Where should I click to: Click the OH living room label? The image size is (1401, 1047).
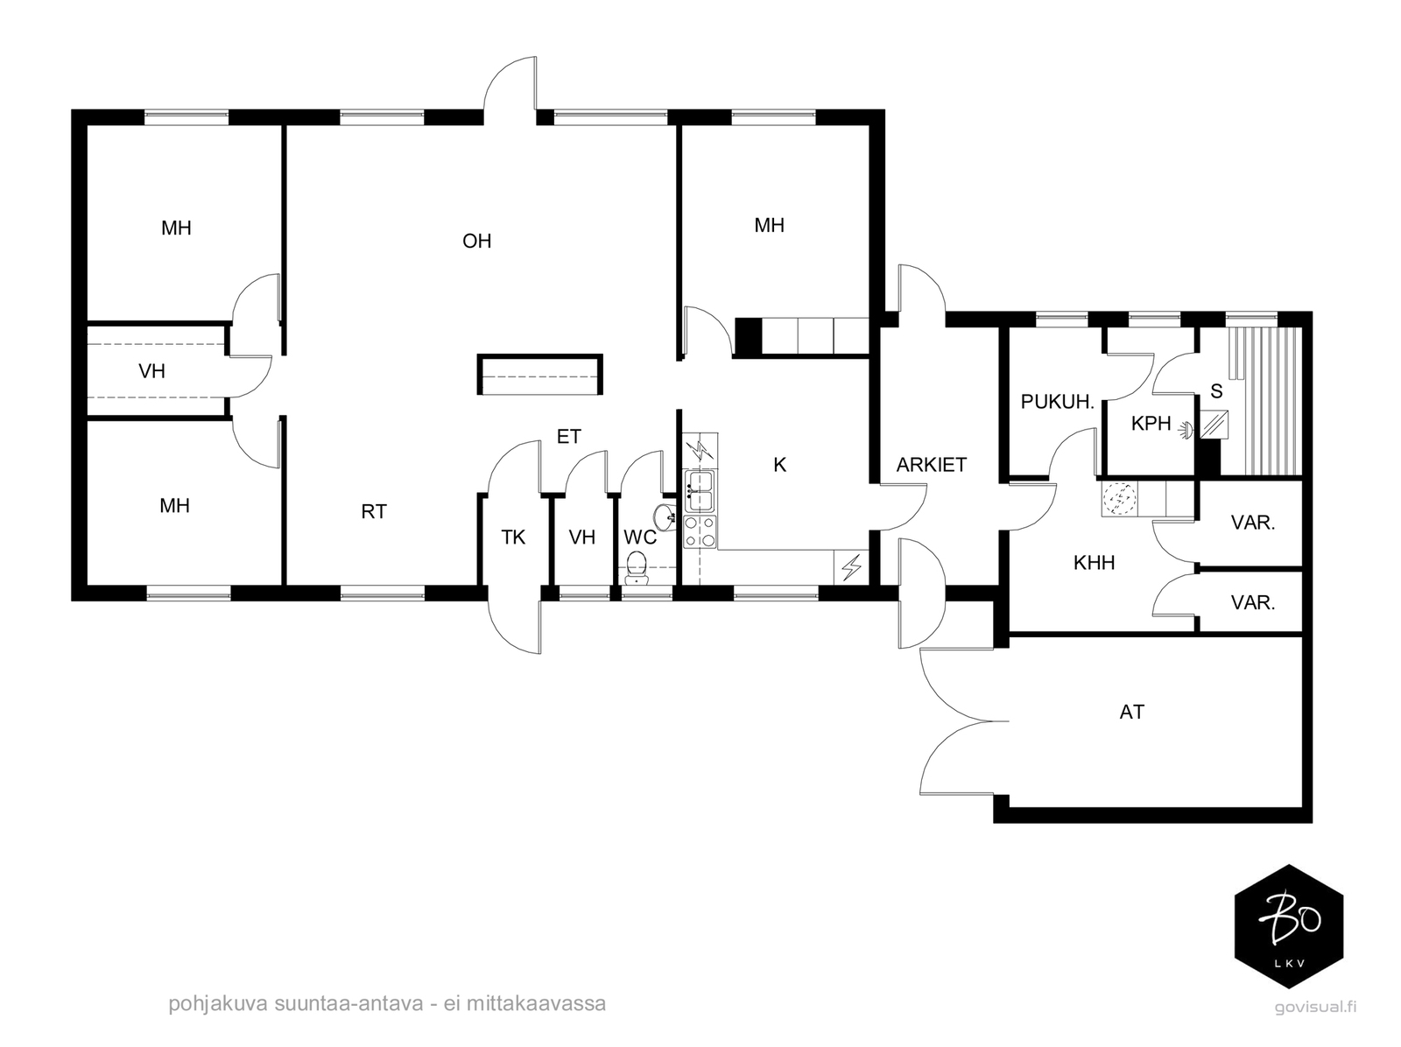click(x=477, y=241)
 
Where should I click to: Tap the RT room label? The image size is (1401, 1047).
click(x=373, y=511)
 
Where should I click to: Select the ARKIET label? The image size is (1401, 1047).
click(x=932, y=465)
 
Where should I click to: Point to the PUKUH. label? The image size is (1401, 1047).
click(x=1057, y=401)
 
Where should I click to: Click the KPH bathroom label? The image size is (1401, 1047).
click(x=1151, y=423)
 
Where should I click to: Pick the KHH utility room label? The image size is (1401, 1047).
click(x=1094, y=562)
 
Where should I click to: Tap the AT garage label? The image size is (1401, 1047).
click(x=1131, y=712)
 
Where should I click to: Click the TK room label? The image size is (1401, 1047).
click(x=513, y=538)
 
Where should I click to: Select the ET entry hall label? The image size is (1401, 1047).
click(x=568, y=437)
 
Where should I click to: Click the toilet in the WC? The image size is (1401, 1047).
click(x=637, y=568)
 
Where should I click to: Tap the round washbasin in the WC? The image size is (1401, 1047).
click(x=665, y=516)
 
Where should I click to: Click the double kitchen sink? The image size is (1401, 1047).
click(x=700, y=491)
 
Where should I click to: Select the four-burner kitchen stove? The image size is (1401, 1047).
click(x=700, y=531)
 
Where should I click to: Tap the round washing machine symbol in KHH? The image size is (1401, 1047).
click(x=1120, y=499)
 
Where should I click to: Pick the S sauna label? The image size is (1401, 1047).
click(x=1216, y=391)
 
